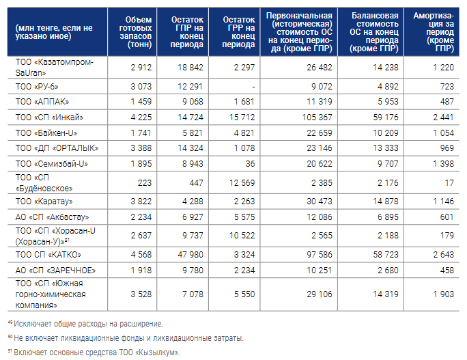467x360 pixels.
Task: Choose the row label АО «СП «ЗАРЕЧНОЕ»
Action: coord(51,270)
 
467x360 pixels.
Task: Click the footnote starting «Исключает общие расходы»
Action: coord(89,323)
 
